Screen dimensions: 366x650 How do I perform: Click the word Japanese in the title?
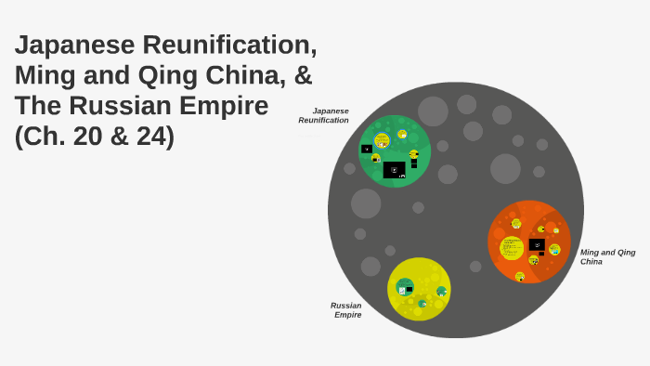point(74,45)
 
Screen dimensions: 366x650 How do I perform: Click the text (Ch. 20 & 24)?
point(94,136)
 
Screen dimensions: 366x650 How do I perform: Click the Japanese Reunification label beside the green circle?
point(324,115)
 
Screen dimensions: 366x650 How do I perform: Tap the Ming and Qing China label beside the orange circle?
point(607,256)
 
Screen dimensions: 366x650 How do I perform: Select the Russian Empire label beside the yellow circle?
point(346,309)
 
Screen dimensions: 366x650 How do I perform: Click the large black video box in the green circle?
point(394,170)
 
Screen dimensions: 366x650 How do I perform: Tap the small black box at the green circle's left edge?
point(367,149)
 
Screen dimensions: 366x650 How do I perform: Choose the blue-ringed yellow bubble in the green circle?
point(382,140)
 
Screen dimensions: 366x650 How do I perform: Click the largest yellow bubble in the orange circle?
point(512,248)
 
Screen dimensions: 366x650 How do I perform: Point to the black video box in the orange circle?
point(537,245)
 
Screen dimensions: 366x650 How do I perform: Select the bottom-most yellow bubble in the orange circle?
point(520,276)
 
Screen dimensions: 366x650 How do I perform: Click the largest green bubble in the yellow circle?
point(404,287)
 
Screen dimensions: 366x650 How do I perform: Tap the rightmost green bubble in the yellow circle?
point(442,292)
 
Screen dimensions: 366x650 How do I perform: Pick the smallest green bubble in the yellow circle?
point(422,303)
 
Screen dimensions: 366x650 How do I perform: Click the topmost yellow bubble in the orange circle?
point(516,224)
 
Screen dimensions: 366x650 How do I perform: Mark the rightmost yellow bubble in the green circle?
point(413,154)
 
